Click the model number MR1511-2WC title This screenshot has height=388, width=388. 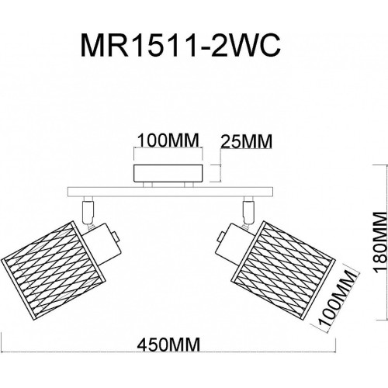pyautogui.click(x=180, y=46)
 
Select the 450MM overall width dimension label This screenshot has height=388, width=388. pyautogui.click(x=168, y=345)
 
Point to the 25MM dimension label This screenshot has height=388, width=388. pyautogui.click(x=247, y=141)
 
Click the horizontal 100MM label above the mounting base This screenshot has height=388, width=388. pyautogui.click(x=168, y=140)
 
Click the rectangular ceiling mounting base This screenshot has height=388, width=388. pyautogui.click(x=168, y=173)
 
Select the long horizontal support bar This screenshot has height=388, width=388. pyautogui.click(x=170, y=192)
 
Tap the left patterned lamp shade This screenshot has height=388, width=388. pyautogui.click(x=53, y=269)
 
